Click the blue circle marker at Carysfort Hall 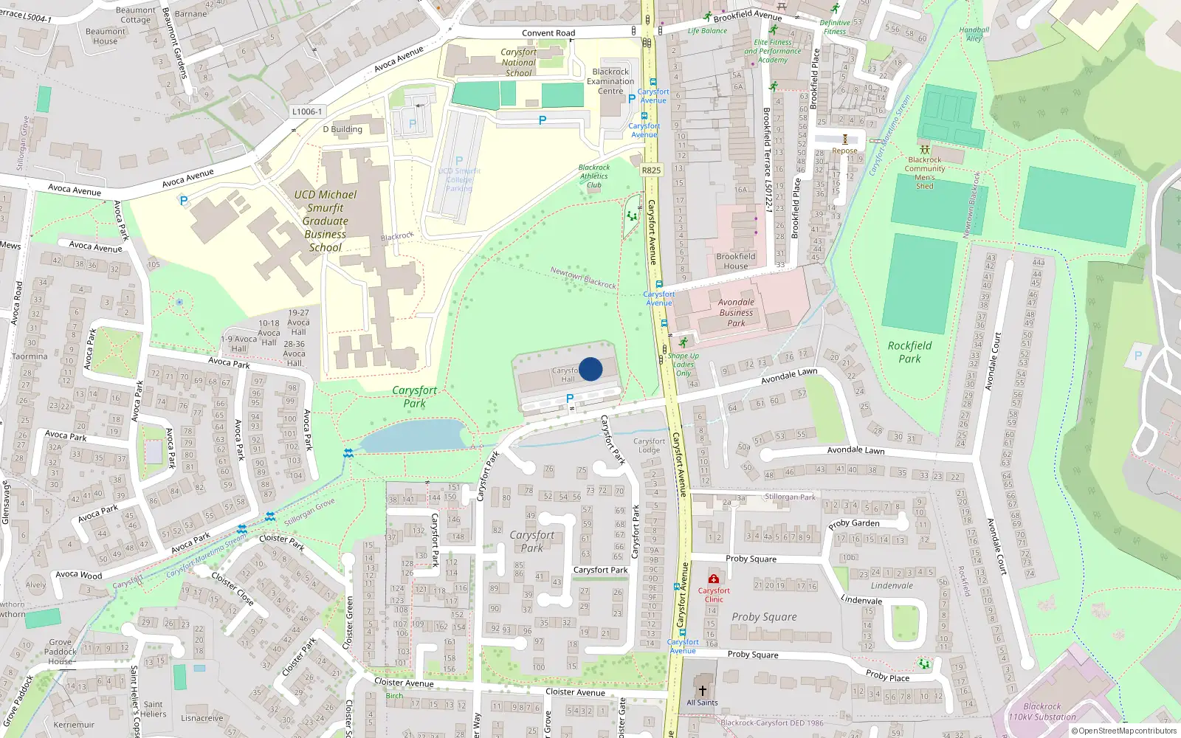click(590, 369)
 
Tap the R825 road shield click(651, 170)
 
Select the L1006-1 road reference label click(307, 111)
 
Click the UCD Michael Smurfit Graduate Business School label click(325, 221)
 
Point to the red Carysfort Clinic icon click(714, 579)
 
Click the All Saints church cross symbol click(702, 691)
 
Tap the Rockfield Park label click(909, 352)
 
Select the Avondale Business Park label click(736, 312)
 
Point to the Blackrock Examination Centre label click(610, 81)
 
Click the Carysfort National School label click(518, 63)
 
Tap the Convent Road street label click(548, 32)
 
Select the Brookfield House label click(735, 261)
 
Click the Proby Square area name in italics click(764, 617)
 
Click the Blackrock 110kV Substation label click(1042, 711)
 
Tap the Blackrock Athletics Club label click(593, 176)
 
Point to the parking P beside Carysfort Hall click(569, 399)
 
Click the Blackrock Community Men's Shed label click(925, 173)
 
